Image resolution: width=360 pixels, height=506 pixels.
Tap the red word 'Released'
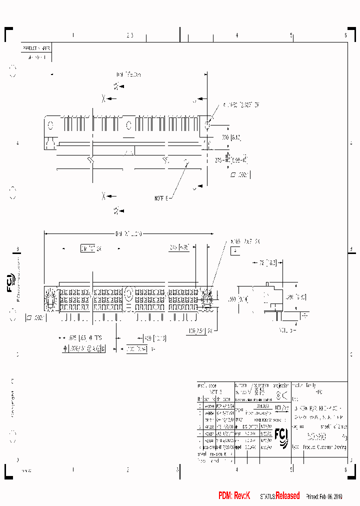point(287,495)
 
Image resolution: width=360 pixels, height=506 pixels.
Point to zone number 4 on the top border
point(236,35)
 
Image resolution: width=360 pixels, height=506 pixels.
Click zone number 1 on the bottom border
point(73,469)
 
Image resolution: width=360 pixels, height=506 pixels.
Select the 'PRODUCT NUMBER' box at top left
point(36,48)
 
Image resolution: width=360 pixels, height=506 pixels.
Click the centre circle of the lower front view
point(128,293)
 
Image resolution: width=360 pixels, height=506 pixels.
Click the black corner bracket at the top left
point(8,32)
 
